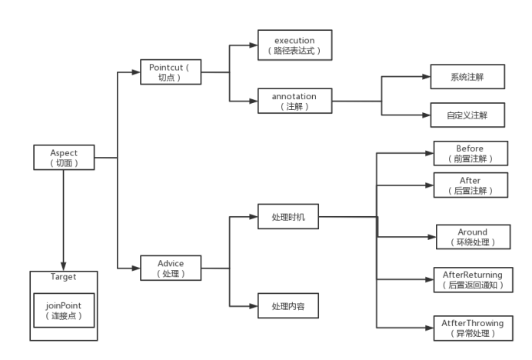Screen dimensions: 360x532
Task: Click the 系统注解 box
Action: pyautogui.click(x=467, y=78)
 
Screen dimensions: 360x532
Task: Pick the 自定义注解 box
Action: pyautogui.click(x=467, y=115)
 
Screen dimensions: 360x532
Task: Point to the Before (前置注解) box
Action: pyautogui.click(x=471, y=153)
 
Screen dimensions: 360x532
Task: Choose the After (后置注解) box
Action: pyautogui.click(x=471, y=185)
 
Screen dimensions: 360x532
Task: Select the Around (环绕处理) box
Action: pyautogui.click(x=473, y=236)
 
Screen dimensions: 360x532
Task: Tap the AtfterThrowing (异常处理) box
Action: pyautogui.click(x=472, y=328)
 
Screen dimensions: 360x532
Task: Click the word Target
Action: pyautogui.click(x=63, y=276)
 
